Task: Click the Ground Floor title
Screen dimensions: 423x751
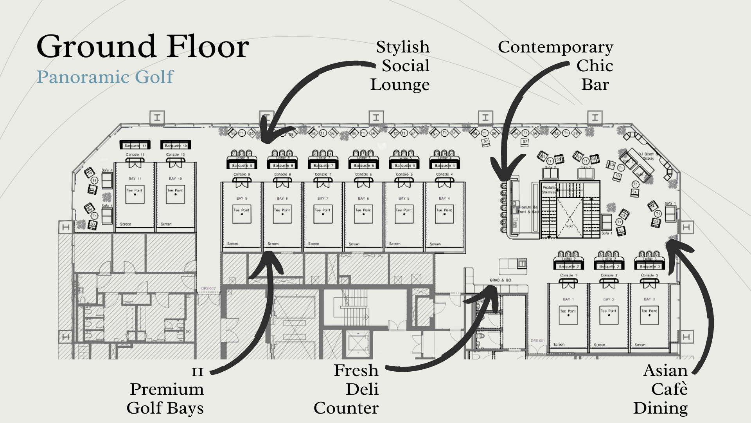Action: (143, 47)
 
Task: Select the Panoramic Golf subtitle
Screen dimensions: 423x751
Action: (104, 77)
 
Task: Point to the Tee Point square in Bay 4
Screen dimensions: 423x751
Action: (445, 214)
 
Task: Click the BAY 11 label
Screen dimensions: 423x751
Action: (135, 179)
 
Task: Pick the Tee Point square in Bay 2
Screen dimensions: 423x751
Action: (609, 315)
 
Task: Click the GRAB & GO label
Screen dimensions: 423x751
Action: (500, 280)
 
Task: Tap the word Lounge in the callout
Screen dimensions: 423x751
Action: (400, 85)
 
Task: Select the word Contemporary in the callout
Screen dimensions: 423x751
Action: (555, 47)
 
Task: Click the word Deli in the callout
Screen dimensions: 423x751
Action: (362, 389)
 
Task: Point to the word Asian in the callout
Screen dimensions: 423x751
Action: (665, 371)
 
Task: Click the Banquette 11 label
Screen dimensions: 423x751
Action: (135, 146)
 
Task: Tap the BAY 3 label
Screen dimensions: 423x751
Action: (649, 299)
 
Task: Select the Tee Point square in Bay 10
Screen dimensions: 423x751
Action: (175, 194)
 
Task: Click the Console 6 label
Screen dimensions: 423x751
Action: (363, 174)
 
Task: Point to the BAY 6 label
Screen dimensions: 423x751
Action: (361, 198)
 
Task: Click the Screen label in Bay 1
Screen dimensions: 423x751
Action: (559, 345)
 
